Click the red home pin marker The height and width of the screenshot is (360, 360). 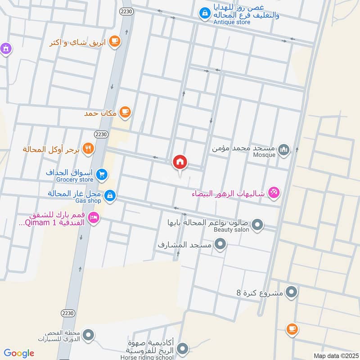180,162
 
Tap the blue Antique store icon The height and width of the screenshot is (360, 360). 205,13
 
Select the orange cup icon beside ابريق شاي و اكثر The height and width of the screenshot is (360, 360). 115,41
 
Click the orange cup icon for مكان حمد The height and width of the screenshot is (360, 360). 126,112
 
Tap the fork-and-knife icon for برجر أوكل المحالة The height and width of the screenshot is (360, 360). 89,148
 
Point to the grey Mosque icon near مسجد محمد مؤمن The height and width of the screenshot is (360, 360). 283,149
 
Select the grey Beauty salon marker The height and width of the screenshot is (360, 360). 257,224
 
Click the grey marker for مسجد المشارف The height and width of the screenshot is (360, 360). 220,245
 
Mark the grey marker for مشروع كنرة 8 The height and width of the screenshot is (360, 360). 292,292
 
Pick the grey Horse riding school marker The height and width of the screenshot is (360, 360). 182,348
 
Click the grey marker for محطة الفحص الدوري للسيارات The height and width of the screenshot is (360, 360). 89,335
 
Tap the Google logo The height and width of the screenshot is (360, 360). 18,353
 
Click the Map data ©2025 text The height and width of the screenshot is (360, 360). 335,356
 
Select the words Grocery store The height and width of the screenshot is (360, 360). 75,180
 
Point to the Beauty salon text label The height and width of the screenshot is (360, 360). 231,229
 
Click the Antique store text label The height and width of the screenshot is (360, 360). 232,22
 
